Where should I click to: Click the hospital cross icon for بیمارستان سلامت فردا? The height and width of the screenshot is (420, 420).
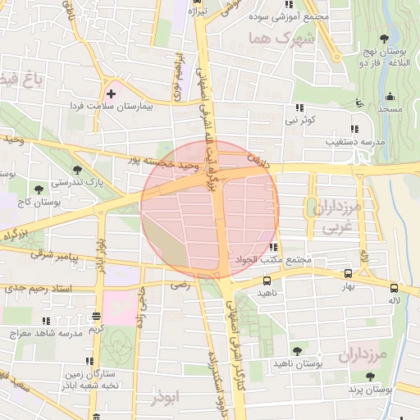tap(111, 94)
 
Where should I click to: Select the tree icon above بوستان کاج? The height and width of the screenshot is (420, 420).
tap(39, 190)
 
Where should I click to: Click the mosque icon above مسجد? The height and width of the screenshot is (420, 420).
tap(358, 103)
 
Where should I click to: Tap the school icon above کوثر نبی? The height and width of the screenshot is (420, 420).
tap(299, 108)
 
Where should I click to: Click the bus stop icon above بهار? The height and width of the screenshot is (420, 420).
tap(348, 275)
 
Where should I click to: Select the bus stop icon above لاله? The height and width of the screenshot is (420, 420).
tap(395, 288)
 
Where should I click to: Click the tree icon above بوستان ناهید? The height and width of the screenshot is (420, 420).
tap(297, 350)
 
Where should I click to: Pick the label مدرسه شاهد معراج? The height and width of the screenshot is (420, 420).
tap(47, 334)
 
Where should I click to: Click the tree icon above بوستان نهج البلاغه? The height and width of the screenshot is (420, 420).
tap(385, 38)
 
